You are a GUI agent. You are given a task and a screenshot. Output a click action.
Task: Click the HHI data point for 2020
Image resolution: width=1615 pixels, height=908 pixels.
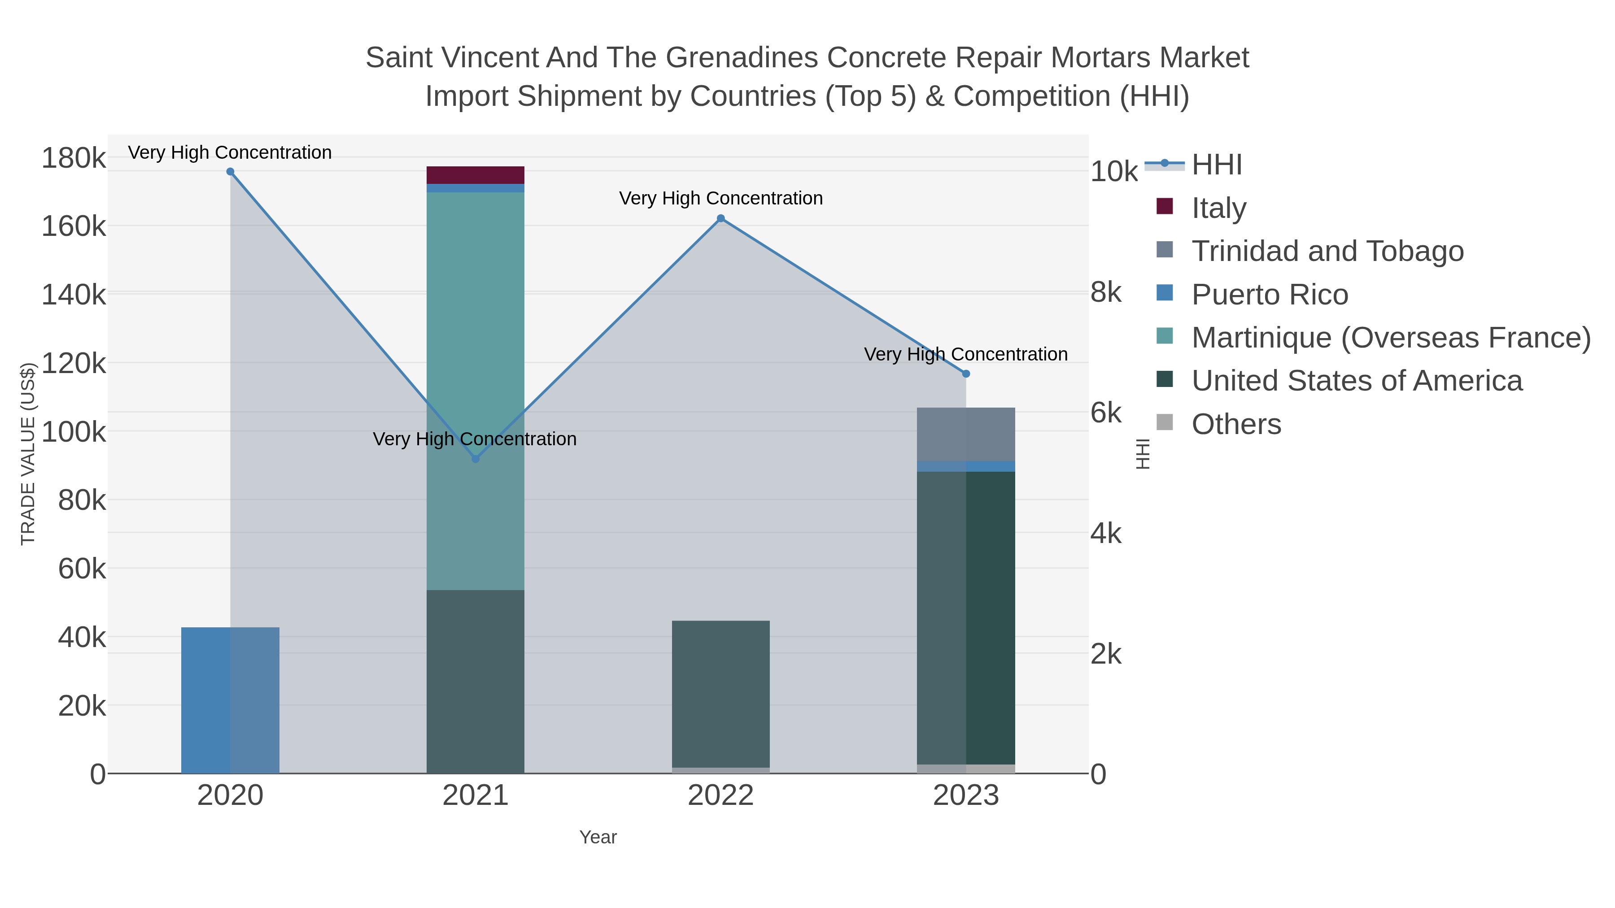point(230,172)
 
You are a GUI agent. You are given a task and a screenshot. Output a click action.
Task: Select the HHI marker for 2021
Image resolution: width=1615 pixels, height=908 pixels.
point(475,459)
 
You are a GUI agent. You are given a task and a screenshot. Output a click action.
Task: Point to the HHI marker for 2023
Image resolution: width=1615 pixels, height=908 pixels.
point(965,374)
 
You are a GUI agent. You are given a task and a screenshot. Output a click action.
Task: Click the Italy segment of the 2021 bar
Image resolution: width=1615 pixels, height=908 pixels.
point(475,175)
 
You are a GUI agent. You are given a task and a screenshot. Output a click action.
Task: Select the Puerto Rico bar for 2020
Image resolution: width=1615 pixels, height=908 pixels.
point(230,699)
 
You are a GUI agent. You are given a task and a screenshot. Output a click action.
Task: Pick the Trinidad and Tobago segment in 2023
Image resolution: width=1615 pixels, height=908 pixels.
point(965,434)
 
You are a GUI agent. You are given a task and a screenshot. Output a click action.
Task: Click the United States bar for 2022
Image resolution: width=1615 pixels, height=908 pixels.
point(720,693)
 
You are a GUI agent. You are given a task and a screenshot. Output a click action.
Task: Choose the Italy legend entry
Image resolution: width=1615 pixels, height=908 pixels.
point(1218,208)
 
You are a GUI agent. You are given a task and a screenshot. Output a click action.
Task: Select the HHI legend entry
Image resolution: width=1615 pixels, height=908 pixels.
point(1216,165)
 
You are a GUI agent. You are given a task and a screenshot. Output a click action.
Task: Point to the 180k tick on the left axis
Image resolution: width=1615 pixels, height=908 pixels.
point(74,158)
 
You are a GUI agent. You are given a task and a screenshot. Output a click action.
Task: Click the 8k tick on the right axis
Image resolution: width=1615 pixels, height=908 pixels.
point(1106,293)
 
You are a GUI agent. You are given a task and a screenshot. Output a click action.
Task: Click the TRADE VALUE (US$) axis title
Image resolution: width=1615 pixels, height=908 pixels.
point(28,454)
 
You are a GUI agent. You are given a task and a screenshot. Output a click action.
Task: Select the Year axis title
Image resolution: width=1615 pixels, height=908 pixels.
point(598,837)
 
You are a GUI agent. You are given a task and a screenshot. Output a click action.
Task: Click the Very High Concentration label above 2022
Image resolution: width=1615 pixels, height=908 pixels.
point(720,199)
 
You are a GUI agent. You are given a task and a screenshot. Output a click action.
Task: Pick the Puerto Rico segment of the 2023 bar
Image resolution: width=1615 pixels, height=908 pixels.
point(965,466)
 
